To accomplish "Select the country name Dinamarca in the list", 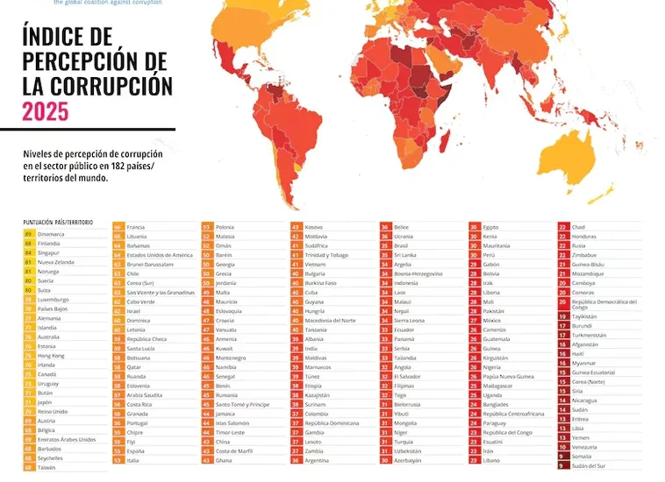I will point(51,234).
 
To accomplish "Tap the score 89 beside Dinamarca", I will point(29,234).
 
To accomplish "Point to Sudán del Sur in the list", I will point(589,465).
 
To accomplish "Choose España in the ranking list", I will point(136,450).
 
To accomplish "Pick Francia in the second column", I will point(136,227).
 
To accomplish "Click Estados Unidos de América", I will point(160,254).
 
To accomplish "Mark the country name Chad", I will point(579,227).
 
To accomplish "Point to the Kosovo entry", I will point(314,227).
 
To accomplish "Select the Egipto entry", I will point(491,227).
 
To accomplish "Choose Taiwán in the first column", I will point(47,467).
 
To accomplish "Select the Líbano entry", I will point(491,460).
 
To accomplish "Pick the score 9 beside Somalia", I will point(561,456).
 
